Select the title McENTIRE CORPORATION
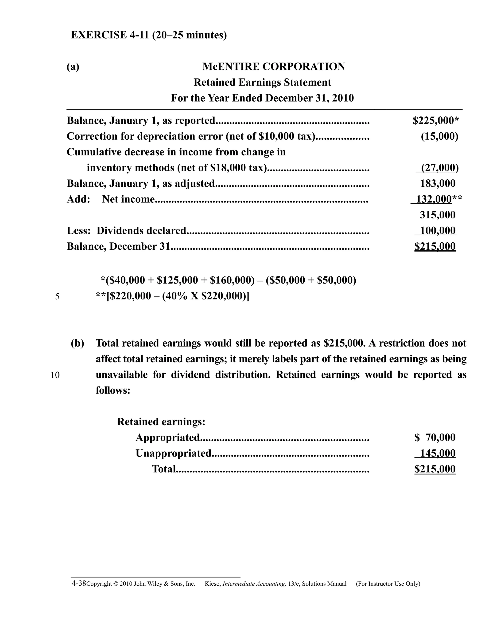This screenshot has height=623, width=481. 274,67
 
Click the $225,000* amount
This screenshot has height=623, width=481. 436,121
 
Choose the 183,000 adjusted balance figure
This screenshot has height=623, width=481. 438,183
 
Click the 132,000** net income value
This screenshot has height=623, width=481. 436,199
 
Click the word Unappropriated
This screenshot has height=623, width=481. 173,453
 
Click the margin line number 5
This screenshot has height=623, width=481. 57,297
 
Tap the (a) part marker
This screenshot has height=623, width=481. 73,67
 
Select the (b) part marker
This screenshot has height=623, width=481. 78,343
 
